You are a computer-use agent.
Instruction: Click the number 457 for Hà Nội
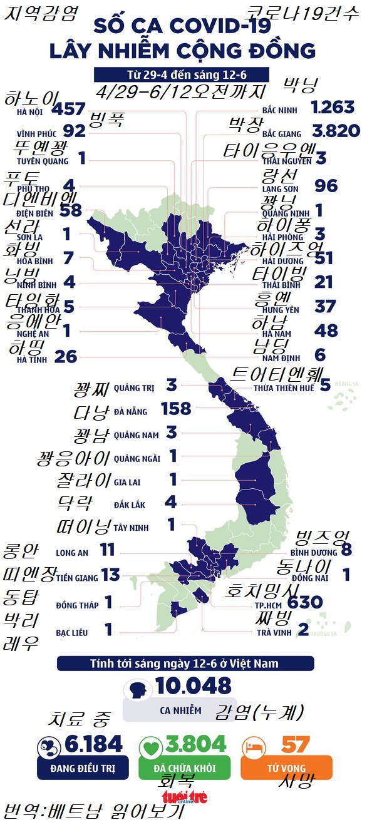[68, 110]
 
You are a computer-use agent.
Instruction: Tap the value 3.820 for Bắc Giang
[335, 130]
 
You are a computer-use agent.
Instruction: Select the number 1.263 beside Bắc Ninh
[333, 107]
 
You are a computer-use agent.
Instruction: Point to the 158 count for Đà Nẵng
[176, 409]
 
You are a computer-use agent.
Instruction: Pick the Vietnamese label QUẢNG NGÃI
[137, 459]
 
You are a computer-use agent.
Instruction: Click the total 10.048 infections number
[194, 686]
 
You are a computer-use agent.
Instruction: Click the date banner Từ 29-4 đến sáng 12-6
[182, 74]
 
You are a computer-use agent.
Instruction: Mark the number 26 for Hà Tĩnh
[66, 357]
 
